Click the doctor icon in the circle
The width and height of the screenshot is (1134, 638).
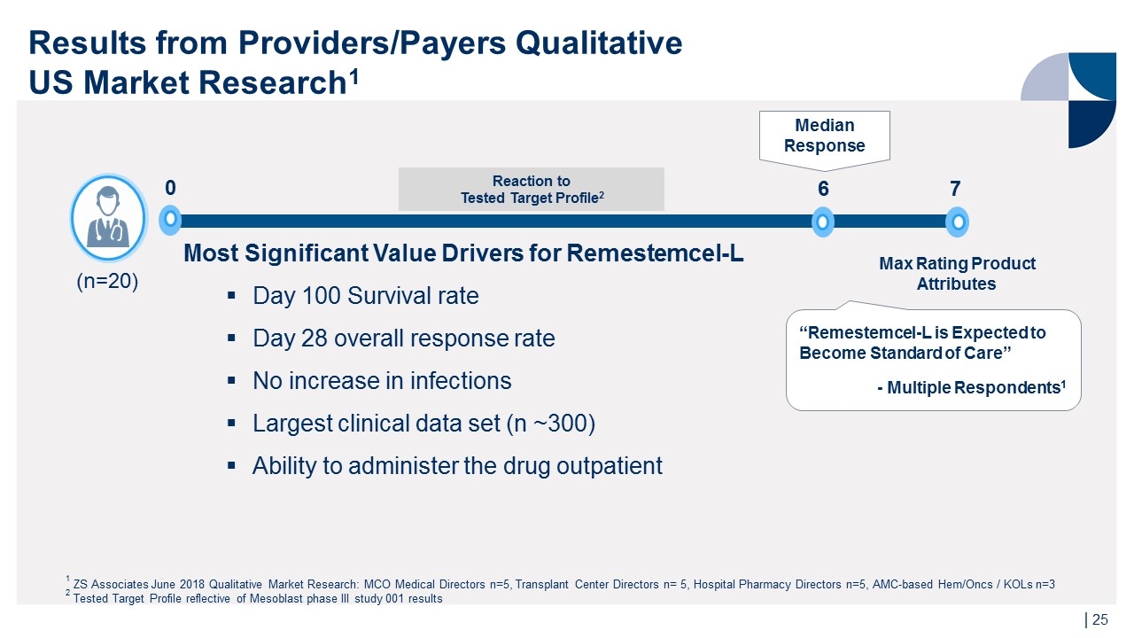pyautogui.click(x=107, y=217)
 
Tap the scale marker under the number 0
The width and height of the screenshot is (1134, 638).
pyautogui.click(x=169, y=221)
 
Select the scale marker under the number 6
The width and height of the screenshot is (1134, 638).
pyautogui.click(x=823, y=222)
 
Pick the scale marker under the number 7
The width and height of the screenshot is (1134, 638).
pyautogui.click(x=957, y=222)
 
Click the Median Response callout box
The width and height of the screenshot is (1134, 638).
pyautogui.click(x=824, y=136)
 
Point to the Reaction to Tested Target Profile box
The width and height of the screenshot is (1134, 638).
pyautogui.click(x=532, y=189)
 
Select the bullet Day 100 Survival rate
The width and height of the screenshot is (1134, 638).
pyautogui.click(x=365, y=296)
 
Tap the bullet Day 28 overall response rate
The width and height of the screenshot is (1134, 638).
pyautogui.click(x=403, y=338)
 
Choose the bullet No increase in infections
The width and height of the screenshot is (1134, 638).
pyautogui.click(x=382, y=381)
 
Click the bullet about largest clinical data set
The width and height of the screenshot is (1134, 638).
pyautogui.click(x=423, y=424)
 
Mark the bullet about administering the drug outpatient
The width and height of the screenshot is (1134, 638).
pyautogui.click(x=457, y=466)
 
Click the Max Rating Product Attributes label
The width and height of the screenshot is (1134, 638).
pyautogui.click(x=957, y=274)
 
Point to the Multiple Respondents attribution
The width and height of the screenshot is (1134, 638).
pyautogui.click(x=971, y=387)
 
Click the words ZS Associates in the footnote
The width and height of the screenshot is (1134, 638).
pyautogui.click(x=111, y=584)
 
